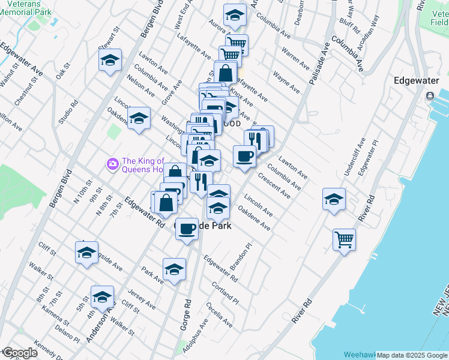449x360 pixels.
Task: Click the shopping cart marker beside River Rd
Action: pos(345,240)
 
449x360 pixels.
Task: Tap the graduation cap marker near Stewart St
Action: pos(110,60)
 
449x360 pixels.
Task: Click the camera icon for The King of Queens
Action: pos(112,163)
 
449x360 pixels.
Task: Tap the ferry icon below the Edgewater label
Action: pos(430,96)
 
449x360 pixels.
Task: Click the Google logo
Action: pos(19,353)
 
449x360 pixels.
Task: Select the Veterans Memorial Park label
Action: pos(26,7)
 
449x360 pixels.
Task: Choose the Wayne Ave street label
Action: pos(286,82)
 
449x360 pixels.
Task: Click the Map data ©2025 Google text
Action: pos(412,355)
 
